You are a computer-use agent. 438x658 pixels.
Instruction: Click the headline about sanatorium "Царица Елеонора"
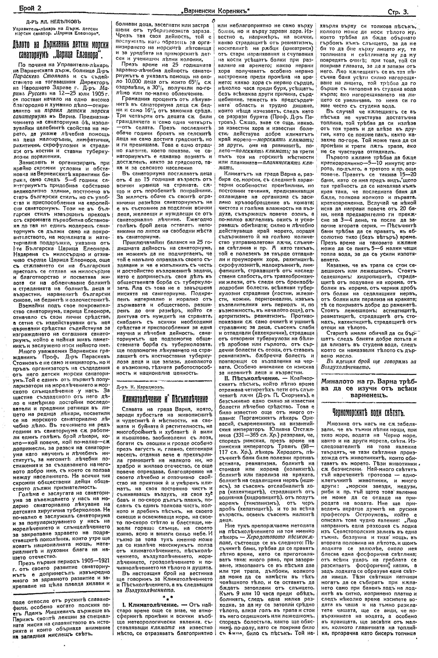point(61,48)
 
